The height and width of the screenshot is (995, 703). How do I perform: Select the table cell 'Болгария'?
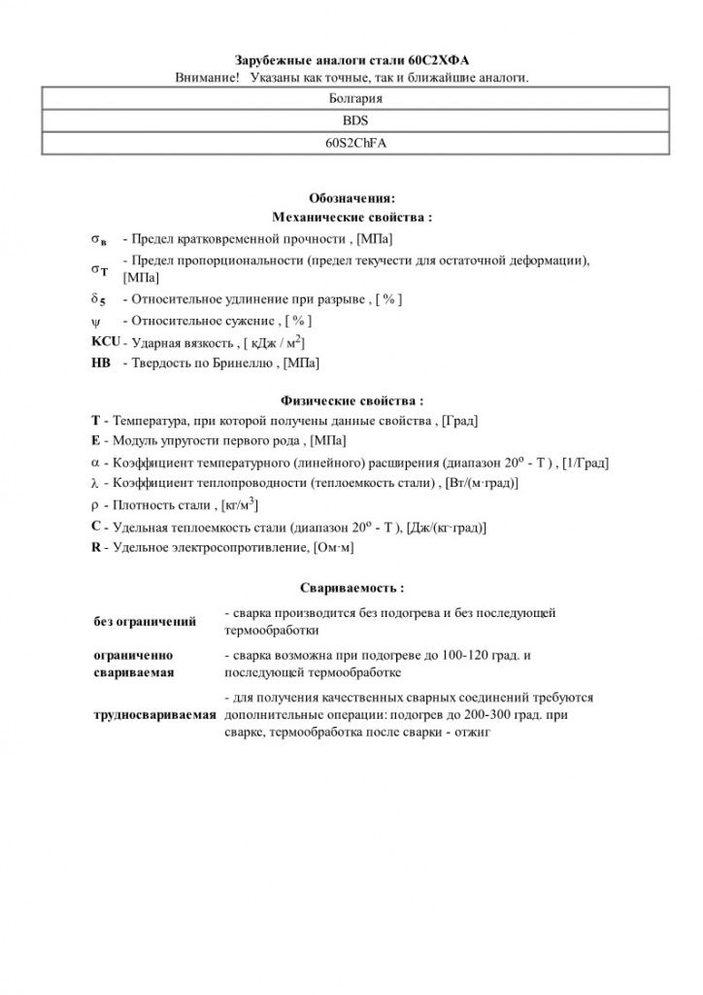point(355,99)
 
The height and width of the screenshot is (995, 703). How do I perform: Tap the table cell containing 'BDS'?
point(355,120)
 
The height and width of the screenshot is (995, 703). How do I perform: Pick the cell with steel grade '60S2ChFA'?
point(355,143)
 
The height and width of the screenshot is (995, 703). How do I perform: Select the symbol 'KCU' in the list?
point(104,343)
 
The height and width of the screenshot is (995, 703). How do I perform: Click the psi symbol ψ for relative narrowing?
point(98,321)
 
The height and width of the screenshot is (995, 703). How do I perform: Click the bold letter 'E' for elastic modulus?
point(95,440)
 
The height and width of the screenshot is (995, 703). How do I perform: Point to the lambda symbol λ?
point(95,483)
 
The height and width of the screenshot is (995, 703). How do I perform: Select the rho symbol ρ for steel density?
point(95,505)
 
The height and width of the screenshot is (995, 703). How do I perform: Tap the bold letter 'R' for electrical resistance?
point(95,548)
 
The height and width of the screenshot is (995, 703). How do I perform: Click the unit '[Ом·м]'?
point(332,549)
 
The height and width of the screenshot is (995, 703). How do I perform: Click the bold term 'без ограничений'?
point(145,621)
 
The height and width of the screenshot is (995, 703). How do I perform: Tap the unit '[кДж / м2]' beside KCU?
point(277,343)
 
